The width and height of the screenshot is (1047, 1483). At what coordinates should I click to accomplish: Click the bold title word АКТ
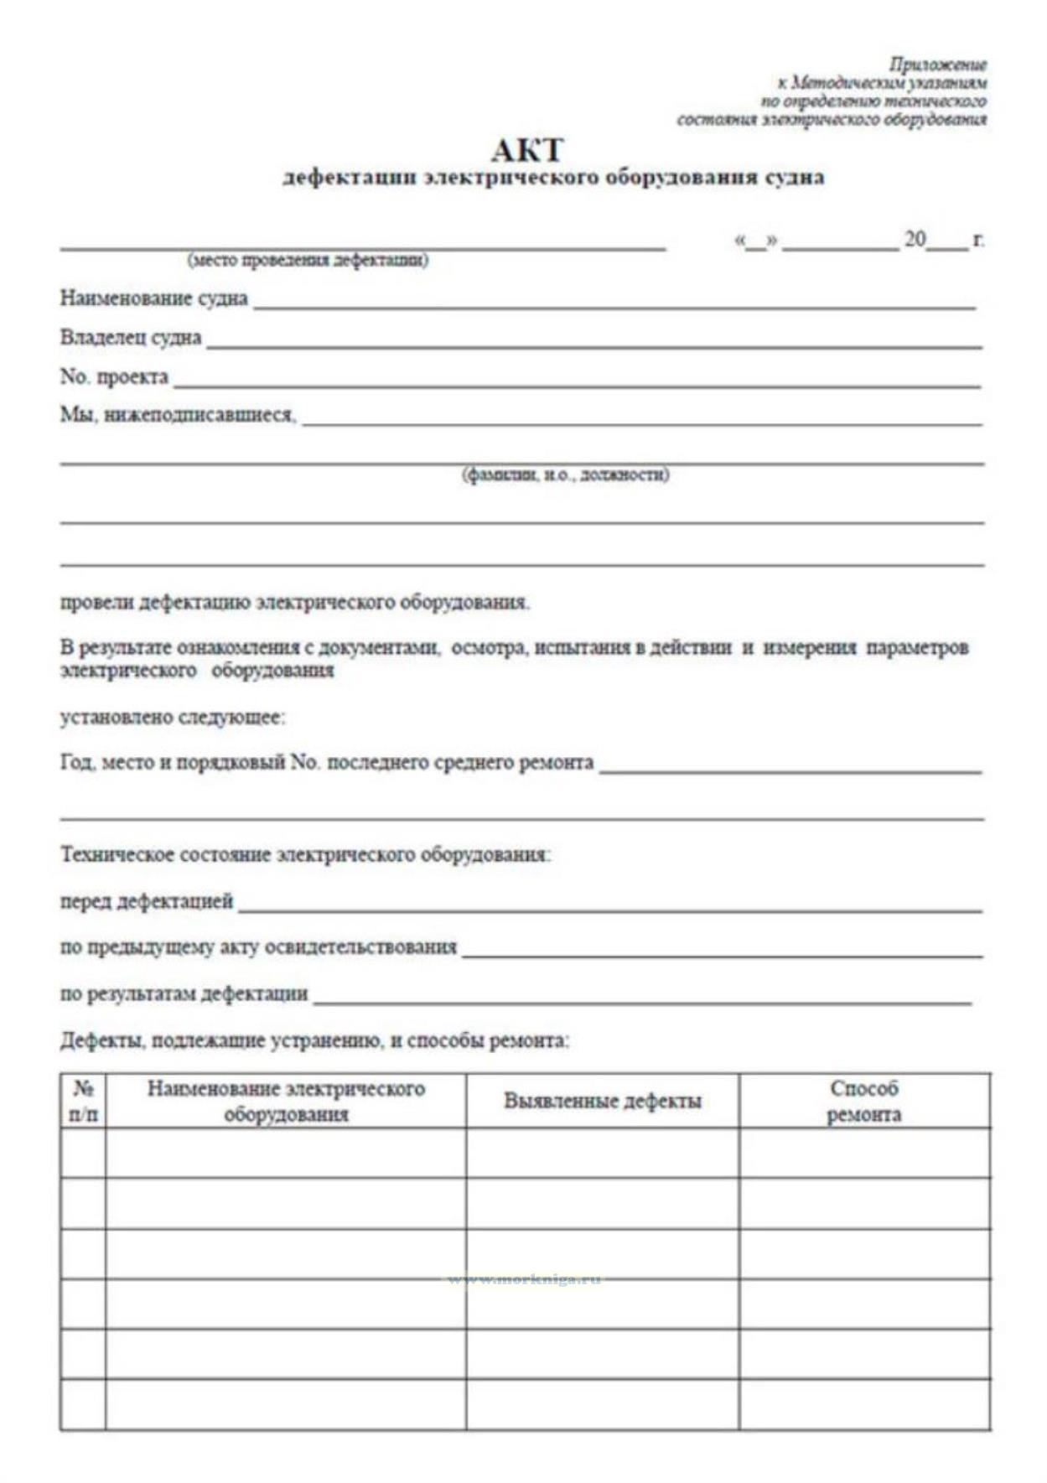[527, 151]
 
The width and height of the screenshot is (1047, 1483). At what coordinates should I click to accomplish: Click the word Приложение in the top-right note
[938, 65]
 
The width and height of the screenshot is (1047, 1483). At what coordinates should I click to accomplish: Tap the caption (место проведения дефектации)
[308, 260]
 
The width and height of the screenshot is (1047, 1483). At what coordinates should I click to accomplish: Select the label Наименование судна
[154, 298]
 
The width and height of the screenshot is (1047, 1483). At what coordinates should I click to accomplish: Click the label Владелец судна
[131, 338]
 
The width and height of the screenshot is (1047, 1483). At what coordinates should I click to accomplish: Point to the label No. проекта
[114, 377]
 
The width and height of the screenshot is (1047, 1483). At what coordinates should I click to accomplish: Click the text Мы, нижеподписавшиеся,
[178, 415]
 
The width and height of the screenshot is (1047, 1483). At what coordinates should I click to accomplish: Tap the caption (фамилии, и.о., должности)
[566, 475]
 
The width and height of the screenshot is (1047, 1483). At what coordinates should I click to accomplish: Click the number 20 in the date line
[915, 240]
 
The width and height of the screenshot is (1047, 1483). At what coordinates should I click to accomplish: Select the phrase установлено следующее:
[173, 718]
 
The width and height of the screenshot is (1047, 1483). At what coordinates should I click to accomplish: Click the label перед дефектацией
[147, 902]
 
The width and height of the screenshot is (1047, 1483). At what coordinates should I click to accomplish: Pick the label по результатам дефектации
[184, 994]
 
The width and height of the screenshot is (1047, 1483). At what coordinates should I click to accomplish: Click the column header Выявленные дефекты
[602, 1102]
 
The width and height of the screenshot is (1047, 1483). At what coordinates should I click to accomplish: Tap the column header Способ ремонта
[864, 1102]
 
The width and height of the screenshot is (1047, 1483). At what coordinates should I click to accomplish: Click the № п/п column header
[83, 1102]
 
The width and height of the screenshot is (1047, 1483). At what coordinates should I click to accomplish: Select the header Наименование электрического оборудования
[286, 1102]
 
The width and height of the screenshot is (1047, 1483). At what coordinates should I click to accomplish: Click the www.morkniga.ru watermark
[524, 1280]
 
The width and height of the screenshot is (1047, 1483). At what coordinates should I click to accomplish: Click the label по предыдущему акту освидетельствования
[258, 947]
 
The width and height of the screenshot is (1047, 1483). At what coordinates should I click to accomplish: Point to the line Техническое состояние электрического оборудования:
[305, 855]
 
